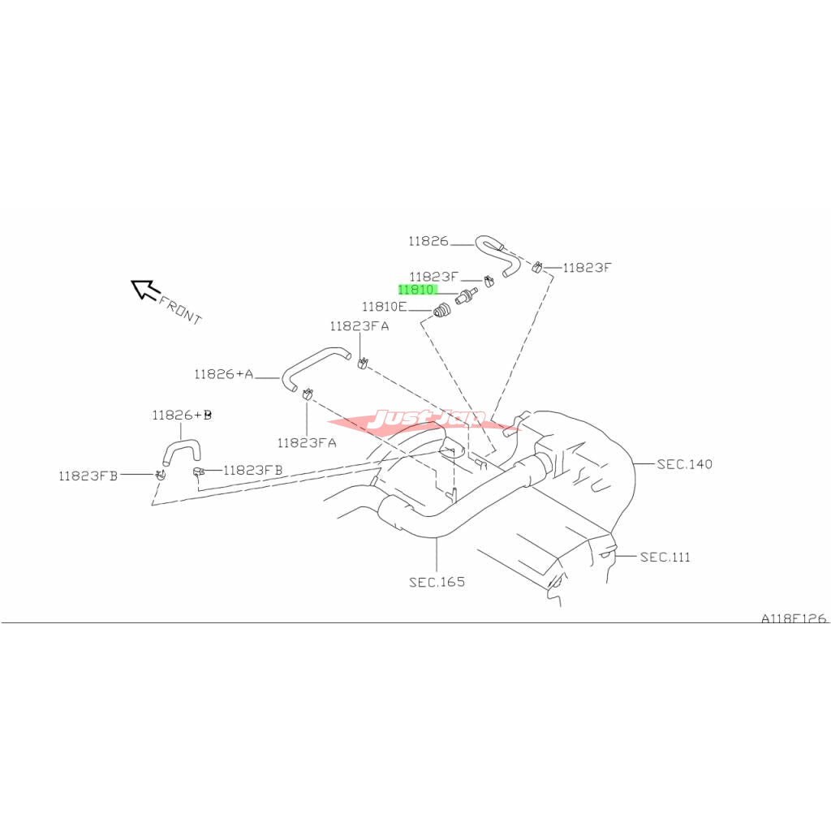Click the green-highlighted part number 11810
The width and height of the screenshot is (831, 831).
pyautogui.click(x=416, y=289)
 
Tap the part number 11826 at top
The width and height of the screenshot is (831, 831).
pyautogui.click(x=428, y=241)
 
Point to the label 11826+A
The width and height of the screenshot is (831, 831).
pyautogui.click(x=223, y=374)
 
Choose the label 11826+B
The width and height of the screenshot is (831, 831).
pyautogui.click(x=182, y=415)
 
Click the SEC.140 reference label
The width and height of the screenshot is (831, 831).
pyautogui.click(x=685, y=464)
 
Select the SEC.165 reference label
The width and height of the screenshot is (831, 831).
pyautogui.click(x=437, y=582)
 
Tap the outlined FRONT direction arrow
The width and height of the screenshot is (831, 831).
pyautogui.click(x=145, y=289)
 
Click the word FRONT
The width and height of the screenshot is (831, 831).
pyautogui.click(x=180, y=309)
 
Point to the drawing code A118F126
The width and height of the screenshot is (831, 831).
pyautogui.click(x=793, y=618)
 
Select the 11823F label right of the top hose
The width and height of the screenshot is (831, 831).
pyautogui.click(x=587, y=267)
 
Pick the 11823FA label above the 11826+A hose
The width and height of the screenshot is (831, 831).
pyautogui.click(x=359, y=326)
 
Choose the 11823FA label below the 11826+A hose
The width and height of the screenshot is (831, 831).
pyautogui.click(x=306, y=442)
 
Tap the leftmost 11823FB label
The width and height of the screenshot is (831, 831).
pyautogui.click(x=88, y=476)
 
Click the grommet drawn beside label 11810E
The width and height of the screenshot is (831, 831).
pyautogui.click(x=441, y=310)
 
